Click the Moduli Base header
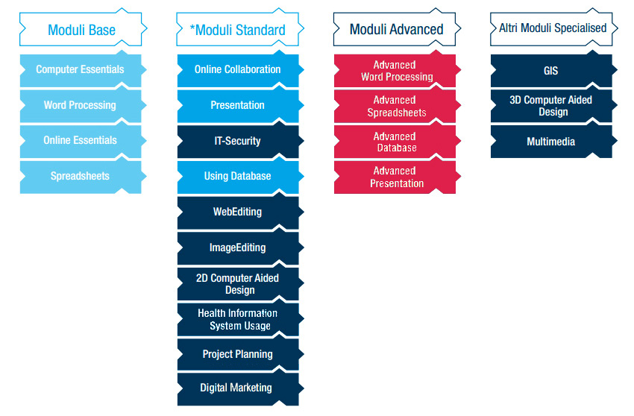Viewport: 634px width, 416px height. click(x=83, y=29)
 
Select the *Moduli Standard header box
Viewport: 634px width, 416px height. click(x=239, y=29)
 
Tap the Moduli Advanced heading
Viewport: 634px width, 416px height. click(x=397, y=29)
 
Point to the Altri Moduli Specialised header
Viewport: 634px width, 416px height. click(x=553, y=29)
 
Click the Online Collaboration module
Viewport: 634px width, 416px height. click(x=239, y=69)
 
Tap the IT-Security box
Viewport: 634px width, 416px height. click(x=239, y=141)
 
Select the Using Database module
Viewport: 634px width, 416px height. click(x=239, y=176)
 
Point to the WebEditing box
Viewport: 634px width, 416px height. click(x=239, y=212)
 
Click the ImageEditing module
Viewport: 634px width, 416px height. click(x=239, y=248)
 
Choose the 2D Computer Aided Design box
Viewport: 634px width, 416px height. click(x=239, y=283)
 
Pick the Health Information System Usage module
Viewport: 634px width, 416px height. click(x=239, y=318)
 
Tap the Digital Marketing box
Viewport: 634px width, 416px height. click(x=239, y=388)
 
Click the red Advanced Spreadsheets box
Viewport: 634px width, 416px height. click(x=397, y=105)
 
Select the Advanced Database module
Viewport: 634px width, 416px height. click(x=397, y=141)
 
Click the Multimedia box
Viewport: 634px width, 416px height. click(x=553, y=141)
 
